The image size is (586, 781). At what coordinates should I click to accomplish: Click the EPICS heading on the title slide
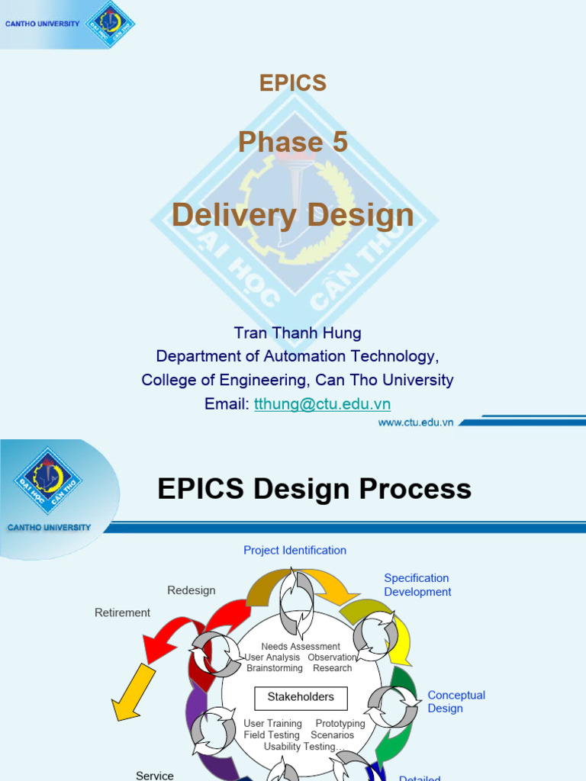[x=293, y=83]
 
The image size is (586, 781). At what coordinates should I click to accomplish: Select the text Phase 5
[x=293, y=142]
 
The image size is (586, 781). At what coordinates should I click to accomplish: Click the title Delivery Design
[x=293, y=215]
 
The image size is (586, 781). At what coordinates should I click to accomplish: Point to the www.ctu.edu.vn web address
[x=416, y=422]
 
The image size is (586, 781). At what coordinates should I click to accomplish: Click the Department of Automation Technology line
[x=297, y=356]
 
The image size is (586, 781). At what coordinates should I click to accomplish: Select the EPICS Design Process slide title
[x=314, y=489]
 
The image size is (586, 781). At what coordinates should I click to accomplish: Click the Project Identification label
[x=295, y=550]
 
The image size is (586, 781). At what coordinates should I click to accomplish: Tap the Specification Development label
[x=417, y=585]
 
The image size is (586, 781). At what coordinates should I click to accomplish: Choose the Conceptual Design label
[x=456, y=702]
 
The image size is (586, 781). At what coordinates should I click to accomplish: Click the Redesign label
[x=192, y=590]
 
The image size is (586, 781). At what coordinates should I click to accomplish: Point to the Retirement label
[x=122, y=612]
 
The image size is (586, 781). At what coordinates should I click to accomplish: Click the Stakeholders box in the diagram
[x=300, y=697]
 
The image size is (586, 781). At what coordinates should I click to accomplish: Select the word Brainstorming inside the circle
[x=275, y=668]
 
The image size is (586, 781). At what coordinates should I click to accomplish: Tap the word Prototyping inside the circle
[x=340, y=723]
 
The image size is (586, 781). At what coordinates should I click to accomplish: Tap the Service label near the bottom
[x=155, y=775]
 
